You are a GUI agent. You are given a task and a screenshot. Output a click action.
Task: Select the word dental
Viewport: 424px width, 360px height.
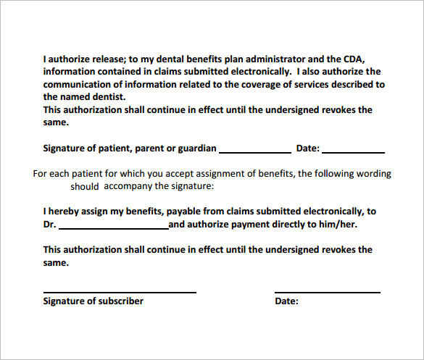[x=148, y=59]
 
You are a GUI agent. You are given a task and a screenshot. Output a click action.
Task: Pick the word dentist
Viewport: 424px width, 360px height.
[x=108, y=96]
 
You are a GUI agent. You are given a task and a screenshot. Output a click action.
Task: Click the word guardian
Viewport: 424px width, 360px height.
[x=197, y=148]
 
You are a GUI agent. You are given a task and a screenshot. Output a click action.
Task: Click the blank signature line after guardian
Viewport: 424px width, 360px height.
[x=254, y=151]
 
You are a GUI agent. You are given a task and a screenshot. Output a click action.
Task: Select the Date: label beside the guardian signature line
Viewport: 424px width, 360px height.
[x=307, y=148]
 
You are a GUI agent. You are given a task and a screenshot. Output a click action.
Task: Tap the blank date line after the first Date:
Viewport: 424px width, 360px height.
[x=353, y=151]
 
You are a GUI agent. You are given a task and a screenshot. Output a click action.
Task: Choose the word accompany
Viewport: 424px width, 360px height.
[x=128, y=186]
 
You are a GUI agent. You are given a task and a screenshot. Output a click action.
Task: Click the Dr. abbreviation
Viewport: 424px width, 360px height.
[x=49, y=225]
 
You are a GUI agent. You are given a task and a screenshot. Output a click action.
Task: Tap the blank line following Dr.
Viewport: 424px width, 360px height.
[x=113, y=228]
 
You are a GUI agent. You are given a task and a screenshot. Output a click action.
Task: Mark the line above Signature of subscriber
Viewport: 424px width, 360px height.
[x=120, y=292]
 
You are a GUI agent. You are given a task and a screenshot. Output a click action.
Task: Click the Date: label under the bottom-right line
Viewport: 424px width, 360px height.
[x=286, y=301]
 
